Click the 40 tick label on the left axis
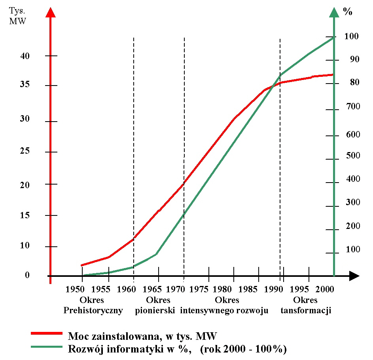[x=25, y=56]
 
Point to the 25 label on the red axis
[x=25, y=152]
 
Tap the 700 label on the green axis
[x=353, y=107]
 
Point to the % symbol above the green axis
[x=348, y=11]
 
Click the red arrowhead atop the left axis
[x=50, y=13]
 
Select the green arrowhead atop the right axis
[x=334, y=13]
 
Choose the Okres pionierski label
[x=155, y=305]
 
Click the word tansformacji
[x=306, y=311]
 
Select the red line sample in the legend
[x=47, y=333]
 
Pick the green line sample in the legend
[x=47, y=347]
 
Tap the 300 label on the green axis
[x=353, y=202]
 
